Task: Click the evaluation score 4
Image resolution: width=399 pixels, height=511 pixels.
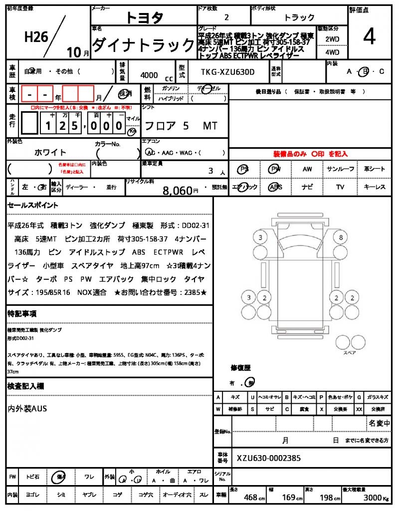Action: (370, 36)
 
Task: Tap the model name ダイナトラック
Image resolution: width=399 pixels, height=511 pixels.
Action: (143, 45)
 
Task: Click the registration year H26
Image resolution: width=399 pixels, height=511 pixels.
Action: (36, 36)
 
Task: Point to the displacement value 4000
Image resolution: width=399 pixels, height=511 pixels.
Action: (149, 75)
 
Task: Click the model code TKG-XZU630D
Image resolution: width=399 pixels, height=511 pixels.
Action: (227, 72)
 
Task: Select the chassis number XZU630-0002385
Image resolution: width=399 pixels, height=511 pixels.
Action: (269, 458)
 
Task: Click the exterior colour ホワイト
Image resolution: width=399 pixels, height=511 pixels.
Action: (50, 152)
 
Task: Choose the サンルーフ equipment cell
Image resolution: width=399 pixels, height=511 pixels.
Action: (341, 169)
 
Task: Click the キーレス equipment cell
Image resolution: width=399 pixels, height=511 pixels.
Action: (375, 187)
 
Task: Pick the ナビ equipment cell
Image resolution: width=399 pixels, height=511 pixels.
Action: (307, 187)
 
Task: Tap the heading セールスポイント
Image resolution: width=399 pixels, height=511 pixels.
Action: (33, 205)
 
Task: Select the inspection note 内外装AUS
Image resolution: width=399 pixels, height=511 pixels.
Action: (27, 409)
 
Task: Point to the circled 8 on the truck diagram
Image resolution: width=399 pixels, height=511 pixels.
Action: (341, 238)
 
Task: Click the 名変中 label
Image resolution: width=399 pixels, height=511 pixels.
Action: (380, 423)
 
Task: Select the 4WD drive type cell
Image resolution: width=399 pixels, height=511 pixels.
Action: (332, 51)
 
